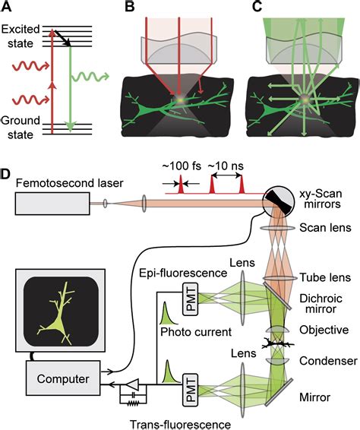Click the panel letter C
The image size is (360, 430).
(246, 8)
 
